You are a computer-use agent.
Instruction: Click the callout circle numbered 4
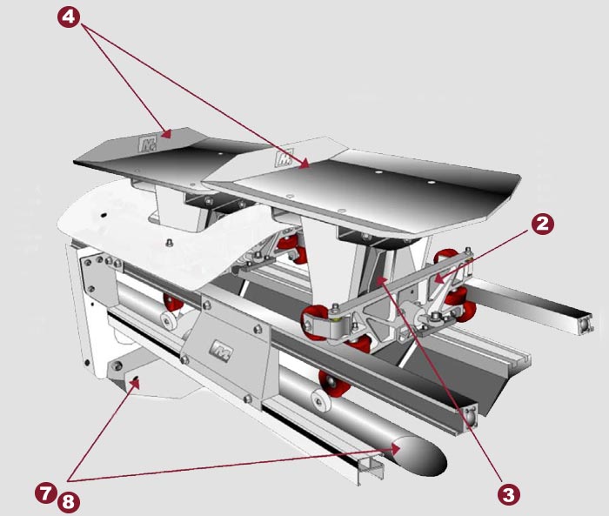[x=69, y=17]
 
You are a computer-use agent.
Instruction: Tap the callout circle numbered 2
[x=542, y=224]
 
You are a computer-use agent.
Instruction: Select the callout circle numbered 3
[x=509, y=494]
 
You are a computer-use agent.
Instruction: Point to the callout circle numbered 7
[x=45, y=493]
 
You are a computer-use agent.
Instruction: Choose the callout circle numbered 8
[x=69, y=502]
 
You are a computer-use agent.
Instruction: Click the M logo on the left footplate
[x=147, y=144]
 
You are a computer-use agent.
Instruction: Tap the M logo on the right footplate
[x=284, y=158]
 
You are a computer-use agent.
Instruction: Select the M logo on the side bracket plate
[x=221, y=352]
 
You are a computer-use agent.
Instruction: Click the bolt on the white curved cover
[x=169, y=243]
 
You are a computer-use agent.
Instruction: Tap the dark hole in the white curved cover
[x=104, y=215]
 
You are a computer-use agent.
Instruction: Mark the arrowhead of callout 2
[x=438, y=278]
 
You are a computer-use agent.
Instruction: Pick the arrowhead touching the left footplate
[x=167, y=135]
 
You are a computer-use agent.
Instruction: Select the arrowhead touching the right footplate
[x=304, y=164]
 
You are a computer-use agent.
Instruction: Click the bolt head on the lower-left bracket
[x=117, y=365]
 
